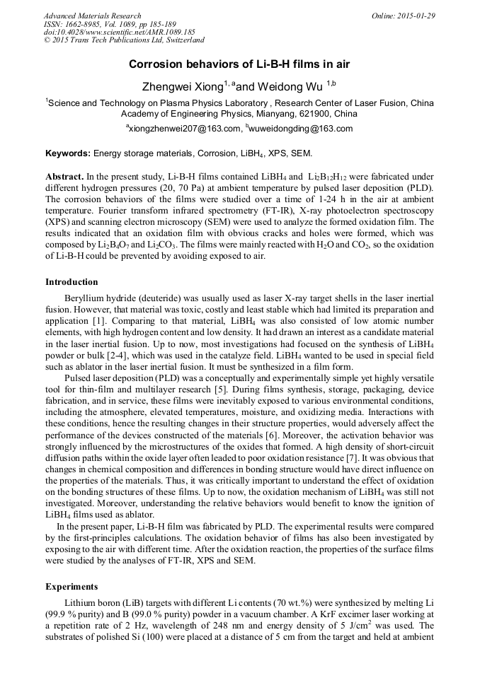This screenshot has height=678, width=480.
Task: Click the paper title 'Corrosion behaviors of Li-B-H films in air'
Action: point(239,64)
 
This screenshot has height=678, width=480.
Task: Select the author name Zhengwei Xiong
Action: point(184,87)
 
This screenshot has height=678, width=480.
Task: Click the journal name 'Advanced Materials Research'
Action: point(92,16)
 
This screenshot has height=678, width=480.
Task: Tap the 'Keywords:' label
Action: point(68,153)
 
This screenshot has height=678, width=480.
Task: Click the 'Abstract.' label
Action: point(64,176)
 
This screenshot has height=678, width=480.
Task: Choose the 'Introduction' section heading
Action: point(72,282)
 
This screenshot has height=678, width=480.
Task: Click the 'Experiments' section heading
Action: point(72,587)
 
